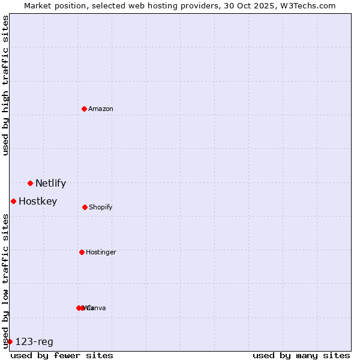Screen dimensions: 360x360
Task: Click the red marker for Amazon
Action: (x=85, y=109)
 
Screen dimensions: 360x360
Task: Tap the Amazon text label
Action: (x=101, y=109)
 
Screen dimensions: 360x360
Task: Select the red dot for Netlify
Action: (x=30, y=183)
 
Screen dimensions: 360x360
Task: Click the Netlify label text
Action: (x=50, y=184)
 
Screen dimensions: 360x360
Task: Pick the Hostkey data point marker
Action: (x=13, y=201)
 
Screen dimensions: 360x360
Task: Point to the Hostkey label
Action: (x=38, y=202)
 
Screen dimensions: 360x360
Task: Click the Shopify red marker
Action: (x=85, y=207)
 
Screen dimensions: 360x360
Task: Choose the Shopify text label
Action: (x=101, y=207)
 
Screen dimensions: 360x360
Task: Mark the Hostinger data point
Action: (x=82, y=252)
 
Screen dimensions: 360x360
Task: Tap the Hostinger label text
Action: (x=101, y=252)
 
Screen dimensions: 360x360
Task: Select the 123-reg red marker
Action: (x=10, y=341)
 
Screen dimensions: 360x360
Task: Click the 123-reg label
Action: (x=34, y=342)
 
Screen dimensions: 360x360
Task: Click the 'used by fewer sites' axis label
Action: (x=62, y=355)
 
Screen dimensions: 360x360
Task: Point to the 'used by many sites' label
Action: (x=301, y=355)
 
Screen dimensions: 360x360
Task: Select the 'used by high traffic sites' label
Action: (x=5, y=85)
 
